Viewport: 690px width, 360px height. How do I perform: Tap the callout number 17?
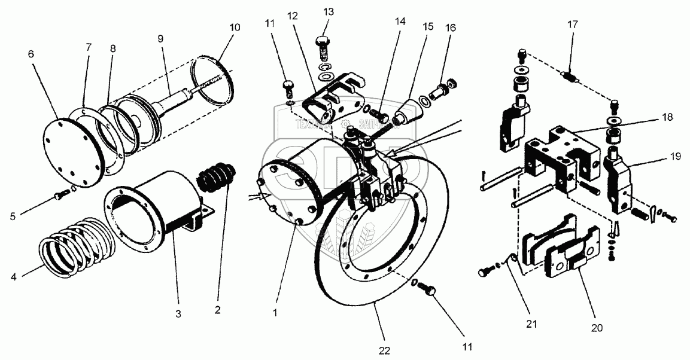coord(573,26)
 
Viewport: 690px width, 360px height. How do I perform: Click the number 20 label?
coord(597,328)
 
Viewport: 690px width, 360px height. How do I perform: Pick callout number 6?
coord(31,54)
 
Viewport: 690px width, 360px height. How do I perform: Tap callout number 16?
coord(451,28)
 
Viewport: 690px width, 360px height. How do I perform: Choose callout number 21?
coord(531,325)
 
